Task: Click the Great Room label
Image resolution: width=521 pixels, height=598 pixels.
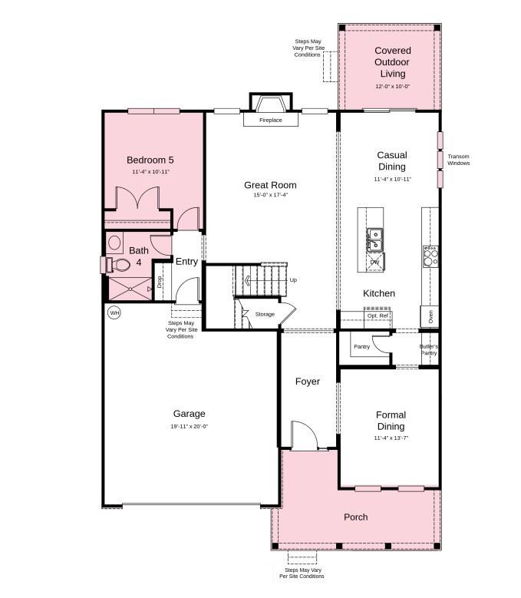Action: click(270, 185)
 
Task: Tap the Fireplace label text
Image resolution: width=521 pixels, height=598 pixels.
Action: click(270, 121)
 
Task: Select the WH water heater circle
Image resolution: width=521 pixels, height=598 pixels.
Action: click(114, 312)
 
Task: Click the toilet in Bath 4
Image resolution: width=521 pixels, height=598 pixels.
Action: click(119, 265)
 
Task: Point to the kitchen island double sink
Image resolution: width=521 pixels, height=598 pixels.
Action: click(375, 240)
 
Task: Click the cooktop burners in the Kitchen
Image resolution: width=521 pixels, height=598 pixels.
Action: click(430, 256)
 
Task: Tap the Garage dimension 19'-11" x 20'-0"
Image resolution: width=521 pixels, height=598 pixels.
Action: click(189, 427)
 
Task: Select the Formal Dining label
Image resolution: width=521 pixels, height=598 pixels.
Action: click(391, 421)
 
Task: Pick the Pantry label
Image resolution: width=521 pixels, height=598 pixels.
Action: click(361, 347)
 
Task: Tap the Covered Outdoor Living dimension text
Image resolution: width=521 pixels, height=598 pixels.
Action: click(392, 87)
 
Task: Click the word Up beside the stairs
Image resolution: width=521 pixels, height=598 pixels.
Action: click(293, 280)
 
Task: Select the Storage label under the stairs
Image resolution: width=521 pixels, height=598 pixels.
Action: click(265, 314)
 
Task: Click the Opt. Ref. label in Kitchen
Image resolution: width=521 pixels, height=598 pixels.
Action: click(378, 316)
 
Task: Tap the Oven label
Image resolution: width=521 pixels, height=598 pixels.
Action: click(430, 316)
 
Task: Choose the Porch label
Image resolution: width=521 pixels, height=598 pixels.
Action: click(356, 517)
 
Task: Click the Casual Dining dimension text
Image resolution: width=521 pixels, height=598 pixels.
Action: click(392, 180)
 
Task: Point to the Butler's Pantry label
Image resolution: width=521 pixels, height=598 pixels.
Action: click(429, 349)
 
